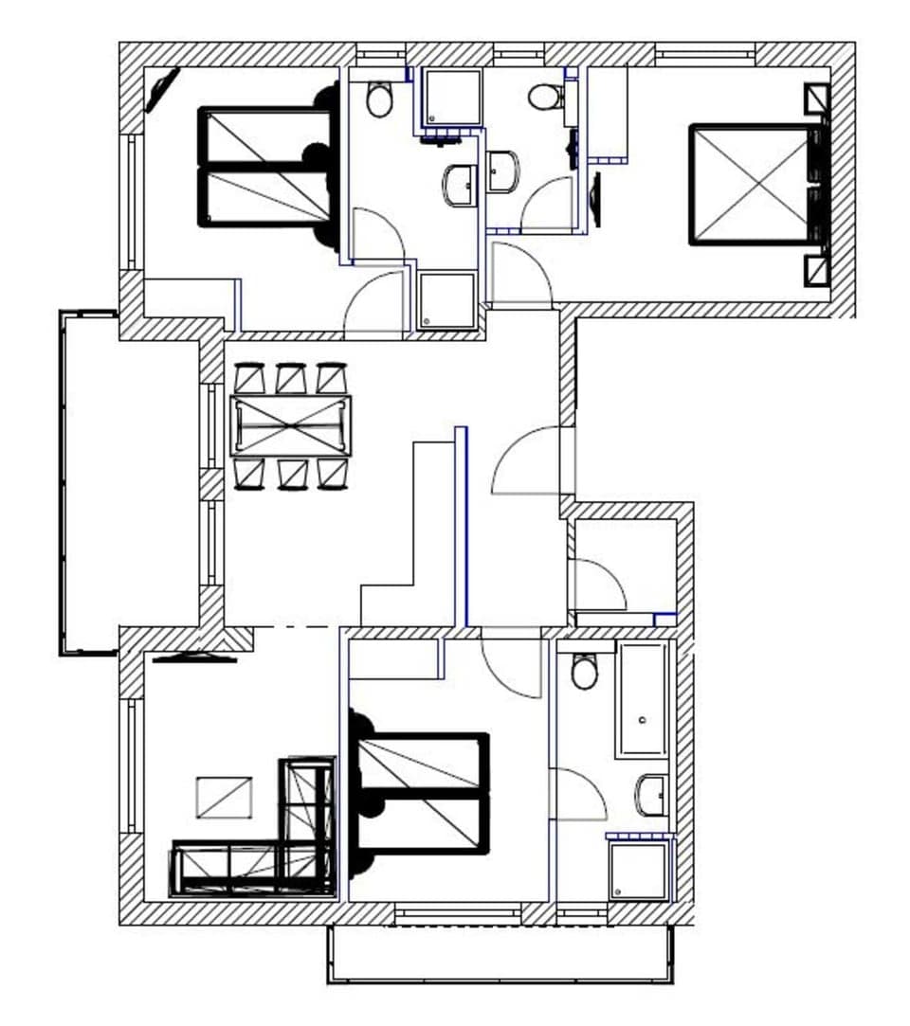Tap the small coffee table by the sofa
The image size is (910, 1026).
point(224,797)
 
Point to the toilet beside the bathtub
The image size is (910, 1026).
point(585,672)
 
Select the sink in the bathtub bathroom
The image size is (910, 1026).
point(652,794)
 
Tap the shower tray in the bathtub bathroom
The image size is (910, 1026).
point(639,871)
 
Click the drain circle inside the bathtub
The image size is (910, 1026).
point(644,721)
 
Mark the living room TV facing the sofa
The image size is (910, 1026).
point(194,657)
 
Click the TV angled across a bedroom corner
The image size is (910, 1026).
point(161,91)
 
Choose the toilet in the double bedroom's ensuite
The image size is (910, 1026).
point(544,97)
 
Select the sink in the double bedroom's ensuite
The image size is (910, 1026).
point(503,171)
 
